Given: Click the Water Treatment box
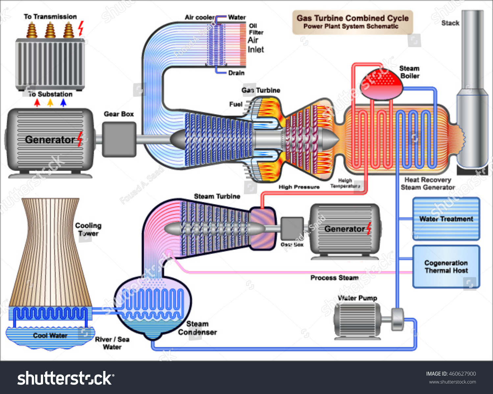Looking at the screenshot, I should [x=446, y=219].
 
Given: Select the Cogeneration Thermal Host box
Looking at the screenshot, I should [x=446, y=267].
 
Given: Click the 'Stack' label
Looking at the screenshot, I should [x=450, y=23].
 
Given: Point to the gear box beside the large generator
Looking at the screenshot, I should [x=119, y=139].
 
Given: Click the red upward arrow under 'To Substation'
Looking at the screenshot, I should [x=37, y=103].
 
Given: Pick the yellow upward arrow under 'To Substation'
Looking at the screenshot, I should [x=50, y=103].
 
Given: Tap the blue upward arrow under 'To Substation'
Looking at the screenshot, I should [x=63, y=103].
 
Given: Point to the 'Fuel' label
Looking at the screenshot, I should [x=236, y=104].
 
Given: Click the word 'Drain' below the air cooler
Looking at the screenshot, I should [x=236, y=73].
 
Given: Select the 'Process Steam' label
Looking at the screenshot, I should [x=334, y=278].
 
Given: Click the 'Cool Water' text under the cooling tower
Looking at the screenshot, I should [x=50, y=335].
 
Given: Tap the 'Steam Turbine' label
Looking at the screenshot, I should [x=217, y=197].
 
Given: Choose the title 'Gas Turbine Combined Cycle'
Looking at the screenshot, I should [x=352, y=18].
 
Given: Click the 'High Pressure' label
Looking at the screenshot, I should [x=299, y=187].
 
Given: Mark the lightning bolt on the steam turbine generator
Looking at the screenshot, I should [x=369, y=228].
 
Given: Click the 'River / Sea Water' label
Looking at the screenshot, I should [x=112, y=343].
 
